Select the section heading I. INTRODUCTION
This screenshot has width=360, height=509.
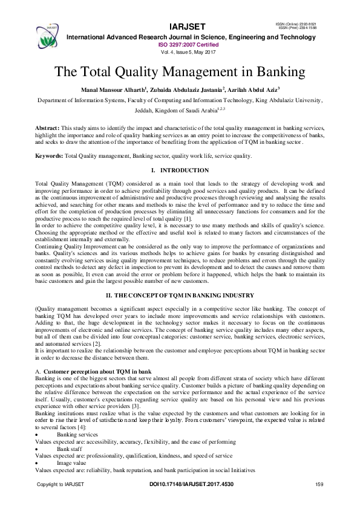point(179,170)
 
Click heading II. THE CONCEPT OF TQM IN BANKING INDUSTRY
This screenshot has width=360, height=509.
point(180,294)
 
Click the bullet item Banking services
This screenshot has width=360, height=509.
point(77,434)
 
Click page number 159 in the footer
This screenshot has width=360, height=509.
point(320,485)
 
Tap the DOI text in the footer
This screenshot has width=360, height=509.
point(191,485)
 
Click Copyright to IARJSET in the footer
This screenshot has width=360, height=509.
point(61,485)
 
